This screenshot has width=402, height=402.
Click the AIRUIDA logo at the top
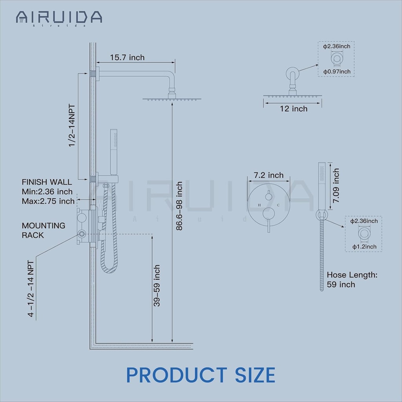[59, 17]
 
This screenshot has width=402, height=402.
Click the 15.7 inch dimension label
[127, 57]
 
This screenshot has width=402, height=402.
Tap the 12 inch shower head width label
[294, 109]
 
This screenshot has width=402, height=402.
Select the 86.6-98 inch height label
[179, 206]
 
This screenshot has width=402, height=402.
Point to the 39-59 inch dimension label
[157, 285]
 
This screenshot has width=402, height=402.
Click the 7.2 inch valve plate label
[269, 175]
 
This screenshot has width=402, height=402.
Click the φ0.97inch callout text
[337, 71]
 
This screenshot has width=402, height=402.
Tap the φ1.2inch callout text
[364, 247]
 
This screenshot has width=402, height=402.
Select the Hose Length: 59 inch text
[352, 280]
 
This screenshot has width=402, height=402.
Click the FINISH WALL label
[47, 182]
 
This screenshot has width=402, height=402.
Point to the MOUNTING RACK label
[38, 230]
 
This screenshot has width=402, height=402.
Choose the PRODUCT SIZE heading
[201, 375]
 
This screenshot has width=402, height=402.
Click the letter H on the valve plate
[259, 205]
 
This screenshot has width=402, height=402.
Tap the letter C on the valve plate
[278, 205]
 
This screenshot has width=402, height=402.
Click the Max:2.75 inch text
[48, 201]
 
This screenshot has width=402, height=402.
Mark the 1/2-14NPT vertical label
[72, 126]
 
